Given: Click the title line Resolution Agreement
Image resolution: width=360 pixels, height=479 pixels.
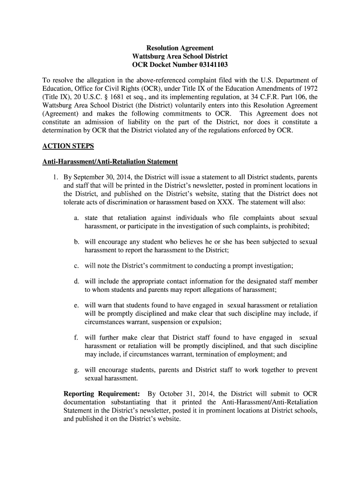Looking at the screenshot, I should coord(180,48).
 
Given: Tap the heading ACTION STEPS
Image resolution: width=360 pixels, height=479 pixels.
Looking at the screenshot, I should coord(68,146).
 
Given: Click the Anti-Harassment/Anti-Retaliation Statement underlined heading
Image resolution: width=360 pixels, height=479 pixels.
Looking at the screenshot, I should coord(110,161).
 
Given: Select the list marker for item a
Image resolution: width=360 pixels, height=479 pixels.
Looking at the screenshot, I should coord(76,218).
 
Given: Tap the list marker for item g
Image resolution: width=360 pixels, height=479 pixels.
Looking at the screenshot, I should coord(76,370).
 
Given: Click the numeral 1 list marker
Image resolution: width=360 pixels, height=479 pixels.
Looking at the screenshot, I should coord(55,177).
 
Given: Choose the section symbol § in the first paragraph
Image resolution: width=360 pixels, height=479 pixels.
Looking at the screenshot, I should coord(114,97).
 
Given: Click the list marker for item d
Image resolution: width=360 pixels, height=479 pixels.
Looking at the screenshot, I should coord(76,281).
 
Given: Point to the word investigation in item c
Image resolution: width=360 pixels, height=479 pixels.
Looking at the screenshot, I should coord(268,266).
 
